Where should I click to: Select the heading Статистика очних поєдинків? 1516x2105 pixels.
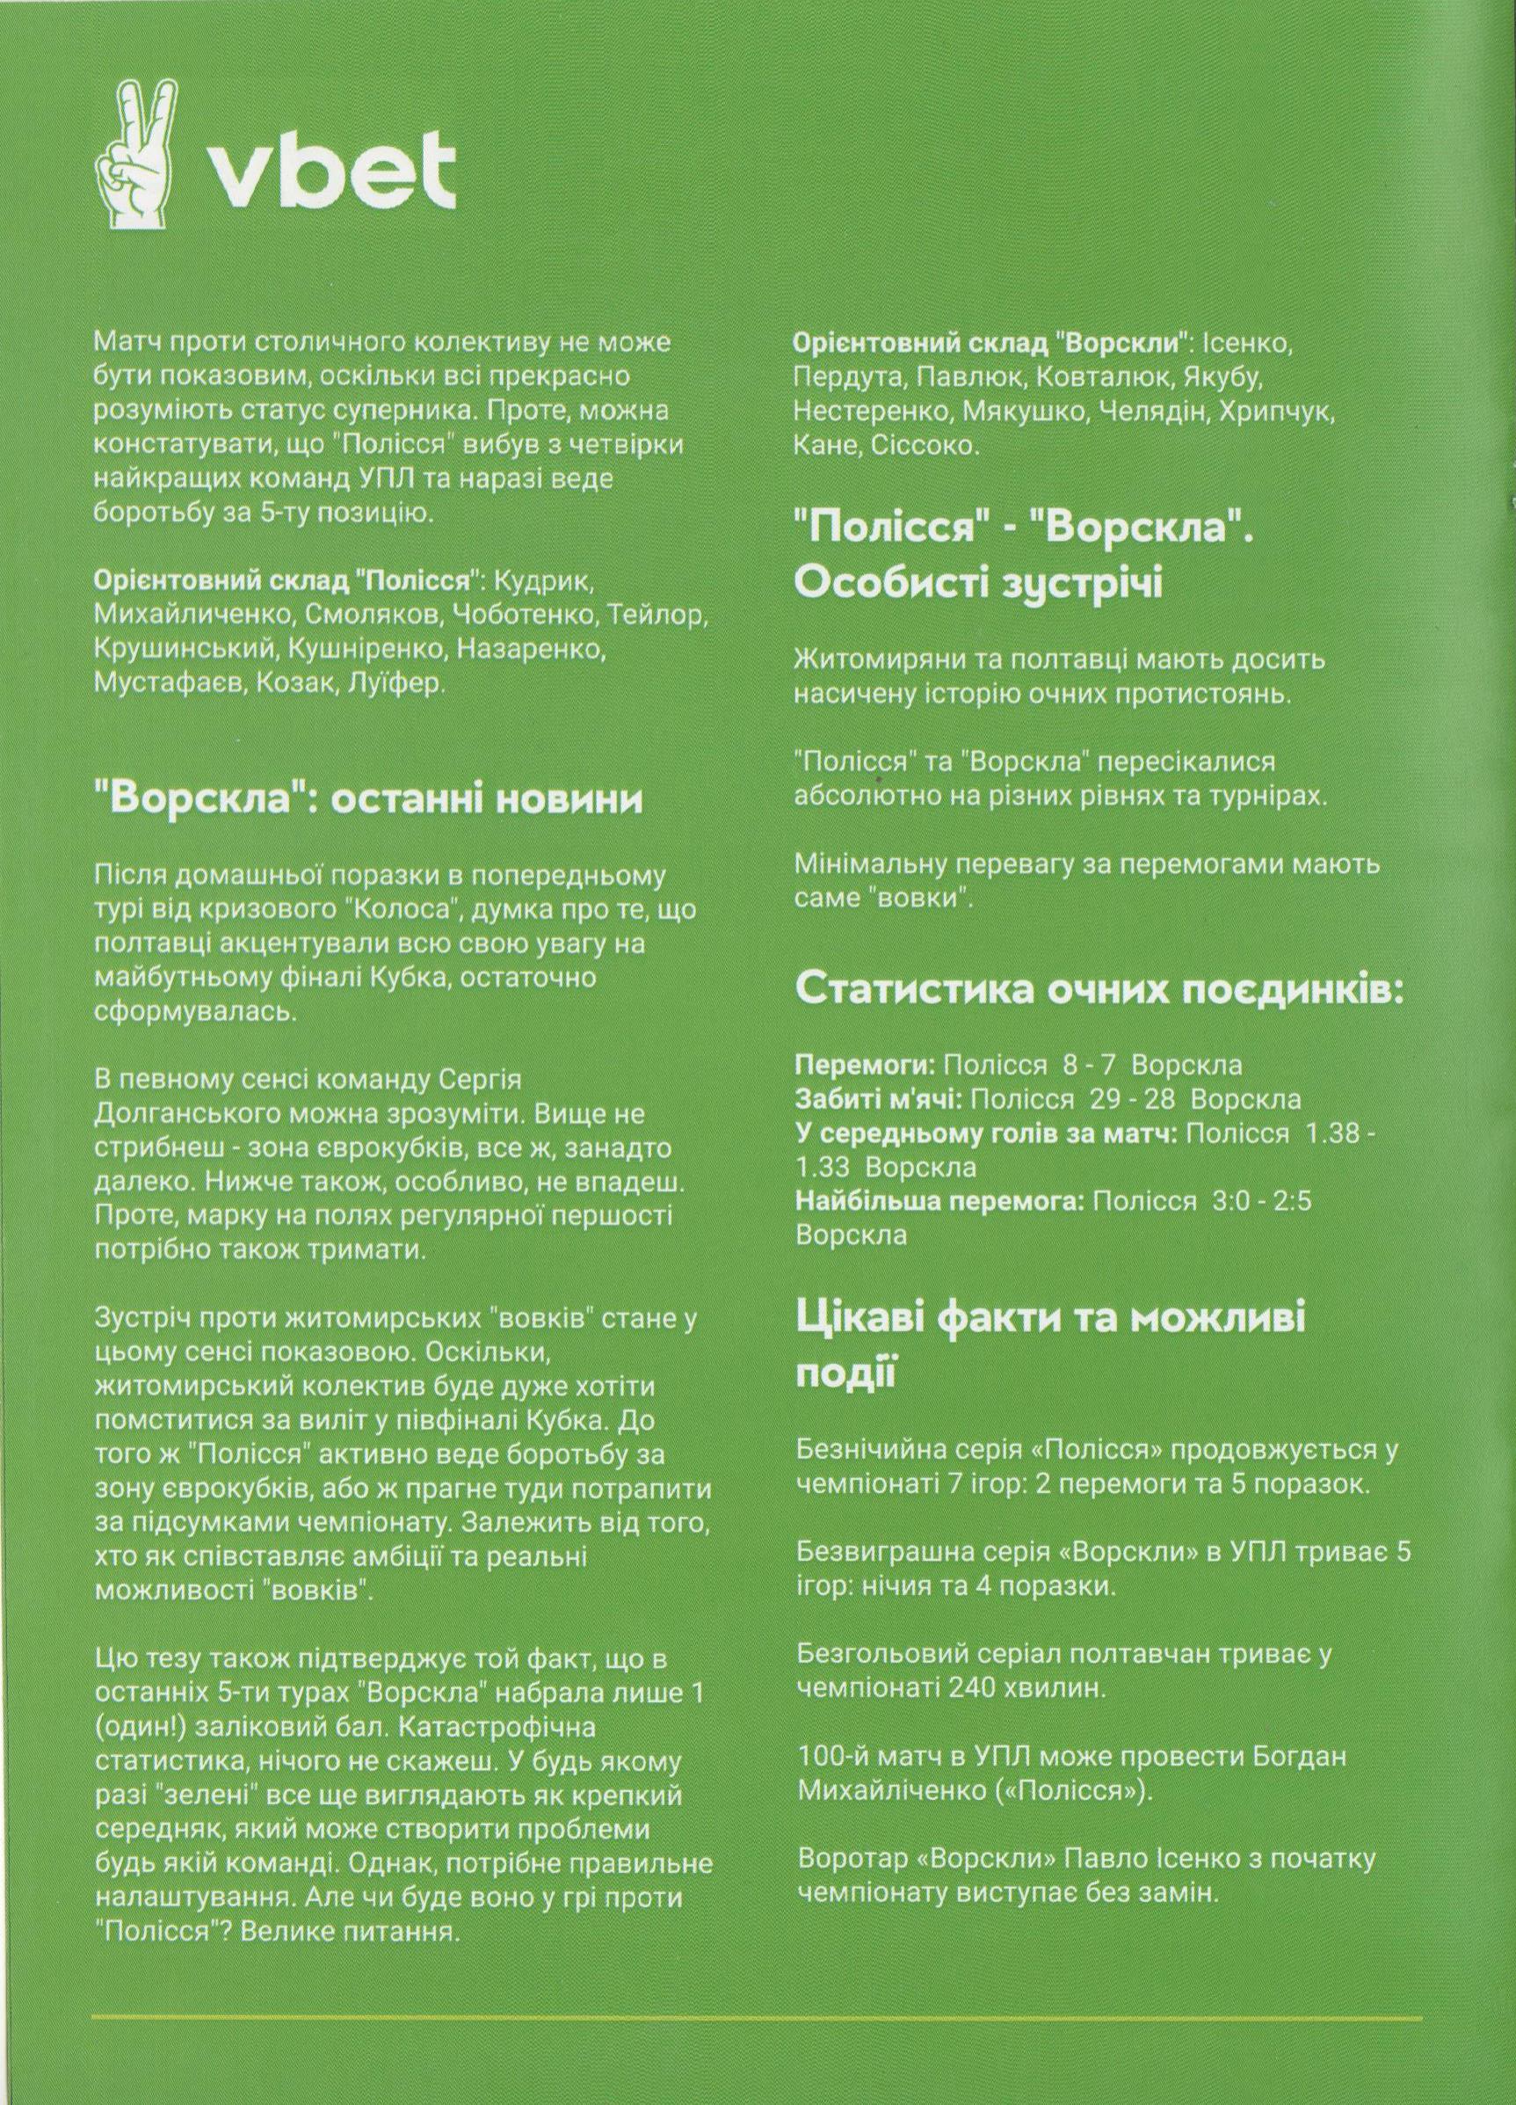1099,990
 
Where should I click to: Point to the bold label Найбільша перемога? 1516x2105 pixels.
939,1202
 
